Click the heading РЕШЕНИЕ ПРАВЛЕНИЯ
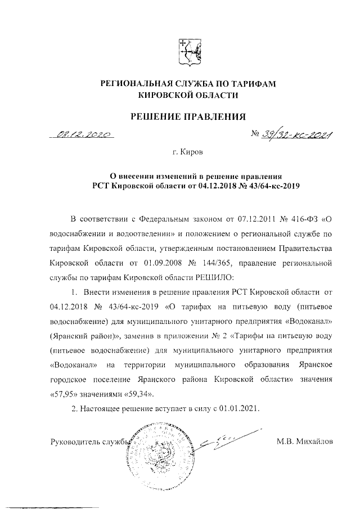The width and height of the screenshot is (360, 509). point(188,117)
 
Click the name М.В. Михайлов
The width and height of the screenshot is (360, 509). point(305,442)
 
